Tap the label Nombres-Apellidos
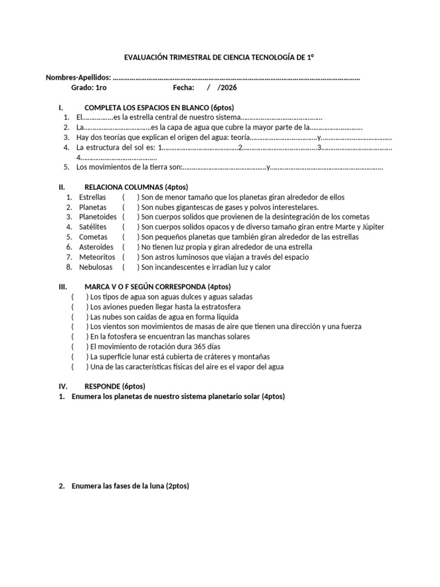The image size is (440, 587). tap(78, 78)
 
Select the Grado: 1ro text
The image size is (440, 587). tap(88, 88)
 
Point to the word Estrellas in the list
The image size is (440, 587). tap(92, 197)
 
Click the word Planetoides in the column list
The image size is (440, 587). tap(97, 217)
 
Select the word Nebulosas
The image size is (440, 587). tap(96, 267)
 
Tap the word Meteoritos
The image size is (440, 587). tap(97, 257)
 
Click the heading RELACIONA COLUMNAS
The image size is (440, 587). tap(136, 187)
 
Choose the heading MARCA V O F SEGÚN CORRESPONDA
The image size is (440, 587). tap(158, 287)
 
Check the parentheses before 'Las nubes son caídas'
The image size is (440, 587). tap(80, 317)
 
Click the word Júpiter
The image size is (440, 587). tap(372, 227)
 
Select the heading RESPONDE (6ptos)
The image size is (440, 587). tap(115, 386)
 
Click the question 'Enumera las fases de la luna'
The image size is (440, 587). tap(130, 486)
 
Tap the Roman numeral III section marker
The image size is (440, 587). tap(63, 287)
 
